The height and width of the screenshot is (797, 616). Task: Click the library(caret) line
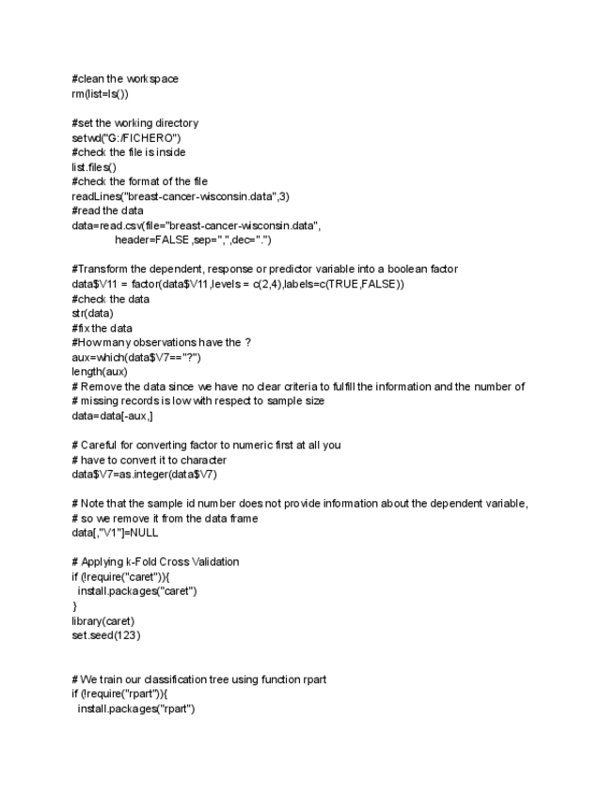pos(103,620)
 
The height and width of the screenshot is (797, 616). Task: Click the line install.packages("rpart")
pos(135,708)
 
